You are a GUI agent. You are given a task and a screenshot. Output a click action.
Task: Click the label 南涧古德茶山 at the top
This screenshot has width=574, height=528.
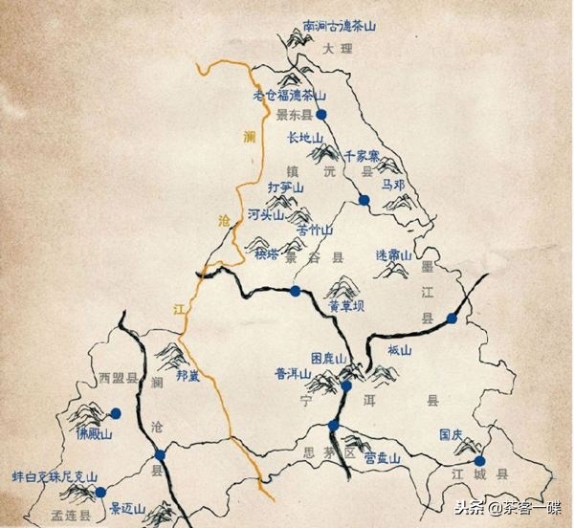(339, 28)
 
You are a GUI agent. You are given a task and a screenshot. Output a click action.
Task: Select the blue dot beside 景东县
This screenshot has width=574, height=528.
(322, 114)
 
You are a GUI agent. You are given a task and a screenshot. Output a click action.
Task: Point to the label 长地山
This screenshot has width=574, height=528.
(306, 138)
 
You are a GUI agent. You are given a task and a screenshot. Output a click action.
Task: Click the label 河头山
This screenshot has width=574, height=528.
(266, 215)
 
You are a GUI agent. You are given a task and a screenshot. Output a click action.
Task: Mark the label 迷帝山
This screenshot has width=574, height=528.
(392, 255)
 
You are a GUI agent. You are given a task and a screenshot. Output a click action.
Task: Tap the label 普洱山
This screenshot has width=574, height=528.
(293, 376)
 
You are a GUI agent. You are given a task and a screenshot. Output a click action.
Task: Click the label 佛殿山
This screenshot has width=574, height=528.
(95, 433)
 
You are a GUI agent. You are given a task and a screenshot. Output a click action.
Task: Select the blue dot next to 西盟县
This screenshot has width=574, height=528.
(116, 414)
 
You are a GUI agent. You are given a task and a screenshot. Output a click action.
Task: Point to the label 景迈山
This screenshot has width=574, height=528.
(125, 508)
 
